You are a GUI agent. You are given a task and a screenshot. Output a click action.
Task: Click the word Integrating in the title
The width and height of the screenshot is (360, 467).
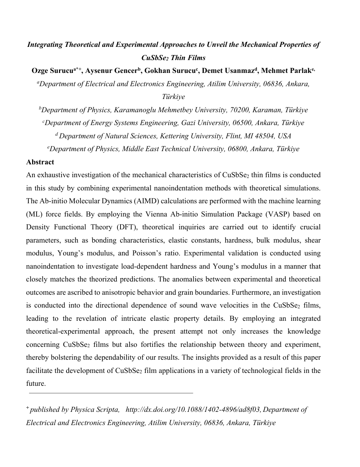pos(45,45)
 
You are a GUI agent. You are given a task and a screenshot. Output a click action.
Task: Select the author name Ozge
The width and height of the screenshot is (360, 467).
pos(40,71)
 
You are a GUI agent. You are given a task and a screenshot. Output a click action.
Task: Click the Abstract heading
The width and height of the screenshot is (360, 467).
pos(40,162)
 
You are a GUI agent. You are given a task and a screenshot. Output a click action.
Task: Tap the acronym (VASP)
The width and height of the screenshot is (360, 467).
pos(269,214)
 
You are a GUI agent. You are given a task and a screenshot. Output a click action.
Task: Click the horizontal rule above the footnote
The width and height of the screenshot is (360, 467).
pos(111,393)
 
